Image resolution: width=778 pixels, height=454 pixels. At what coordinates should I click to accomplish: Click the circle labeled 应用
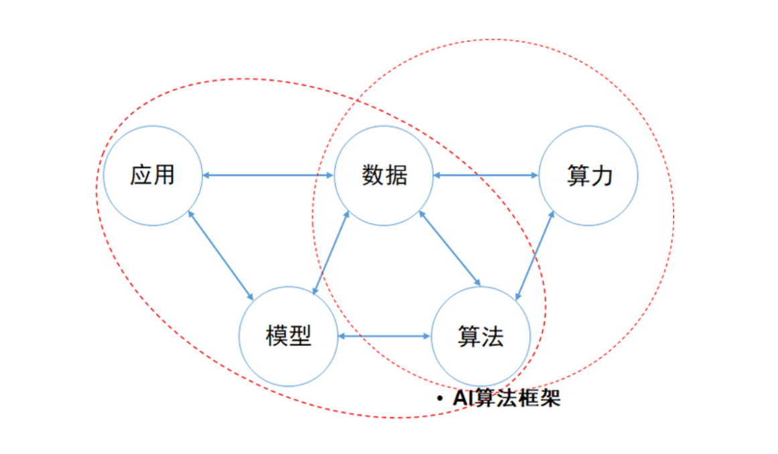[153, 176]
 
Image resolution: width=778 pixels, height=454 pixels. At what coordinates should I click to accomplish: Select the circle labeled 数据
[384, 176]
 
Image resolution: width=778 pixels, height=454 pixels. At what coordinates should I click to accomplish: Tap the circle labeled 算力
[589, 176]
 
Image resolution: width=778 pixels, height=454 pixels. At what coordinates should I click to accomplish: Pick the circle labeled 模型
[289, 336]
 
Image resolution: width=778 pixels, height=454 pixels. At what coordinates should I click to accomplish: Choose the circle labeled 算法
[480, 336]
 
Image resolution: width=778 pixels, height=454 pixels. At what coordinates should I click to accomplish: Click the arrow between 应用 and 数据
[268, 176]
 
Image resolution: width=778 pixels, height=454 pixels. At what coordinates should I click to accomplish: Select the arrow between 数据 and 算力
[486, 176]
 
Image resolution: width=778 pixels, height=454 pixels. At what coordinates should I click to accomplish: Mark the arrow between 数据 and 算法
[450, 248]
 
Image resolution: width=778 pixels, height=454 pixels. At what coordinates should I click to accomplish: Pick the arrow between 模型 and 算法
[385, 336]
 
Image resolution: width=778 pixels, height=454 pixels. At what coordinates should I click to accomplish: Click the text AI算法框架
[506, 398]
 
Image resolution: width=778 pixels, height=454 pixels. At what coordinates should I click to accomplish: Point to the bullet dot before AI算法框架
[440, 399]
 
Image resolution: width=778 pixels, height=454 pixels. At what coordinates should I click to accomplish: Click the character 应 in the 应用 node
[141, 176]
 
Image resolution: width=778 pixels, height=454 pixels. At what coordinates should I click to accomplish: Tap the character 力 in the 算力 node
[602, 176]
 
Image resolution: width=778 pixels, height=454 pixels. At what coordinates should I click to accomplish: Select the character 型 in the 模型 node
[301, 336]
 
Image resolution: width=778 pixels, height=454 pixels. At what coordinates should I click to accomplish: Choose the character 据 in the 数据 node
[396, 176]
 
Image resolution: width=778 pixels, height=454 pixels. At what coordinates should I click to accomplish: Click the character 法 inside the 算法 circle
[493, 336]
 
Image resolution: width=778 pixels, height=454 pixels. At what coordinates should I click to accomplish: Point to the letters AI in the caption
[463, 398]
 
